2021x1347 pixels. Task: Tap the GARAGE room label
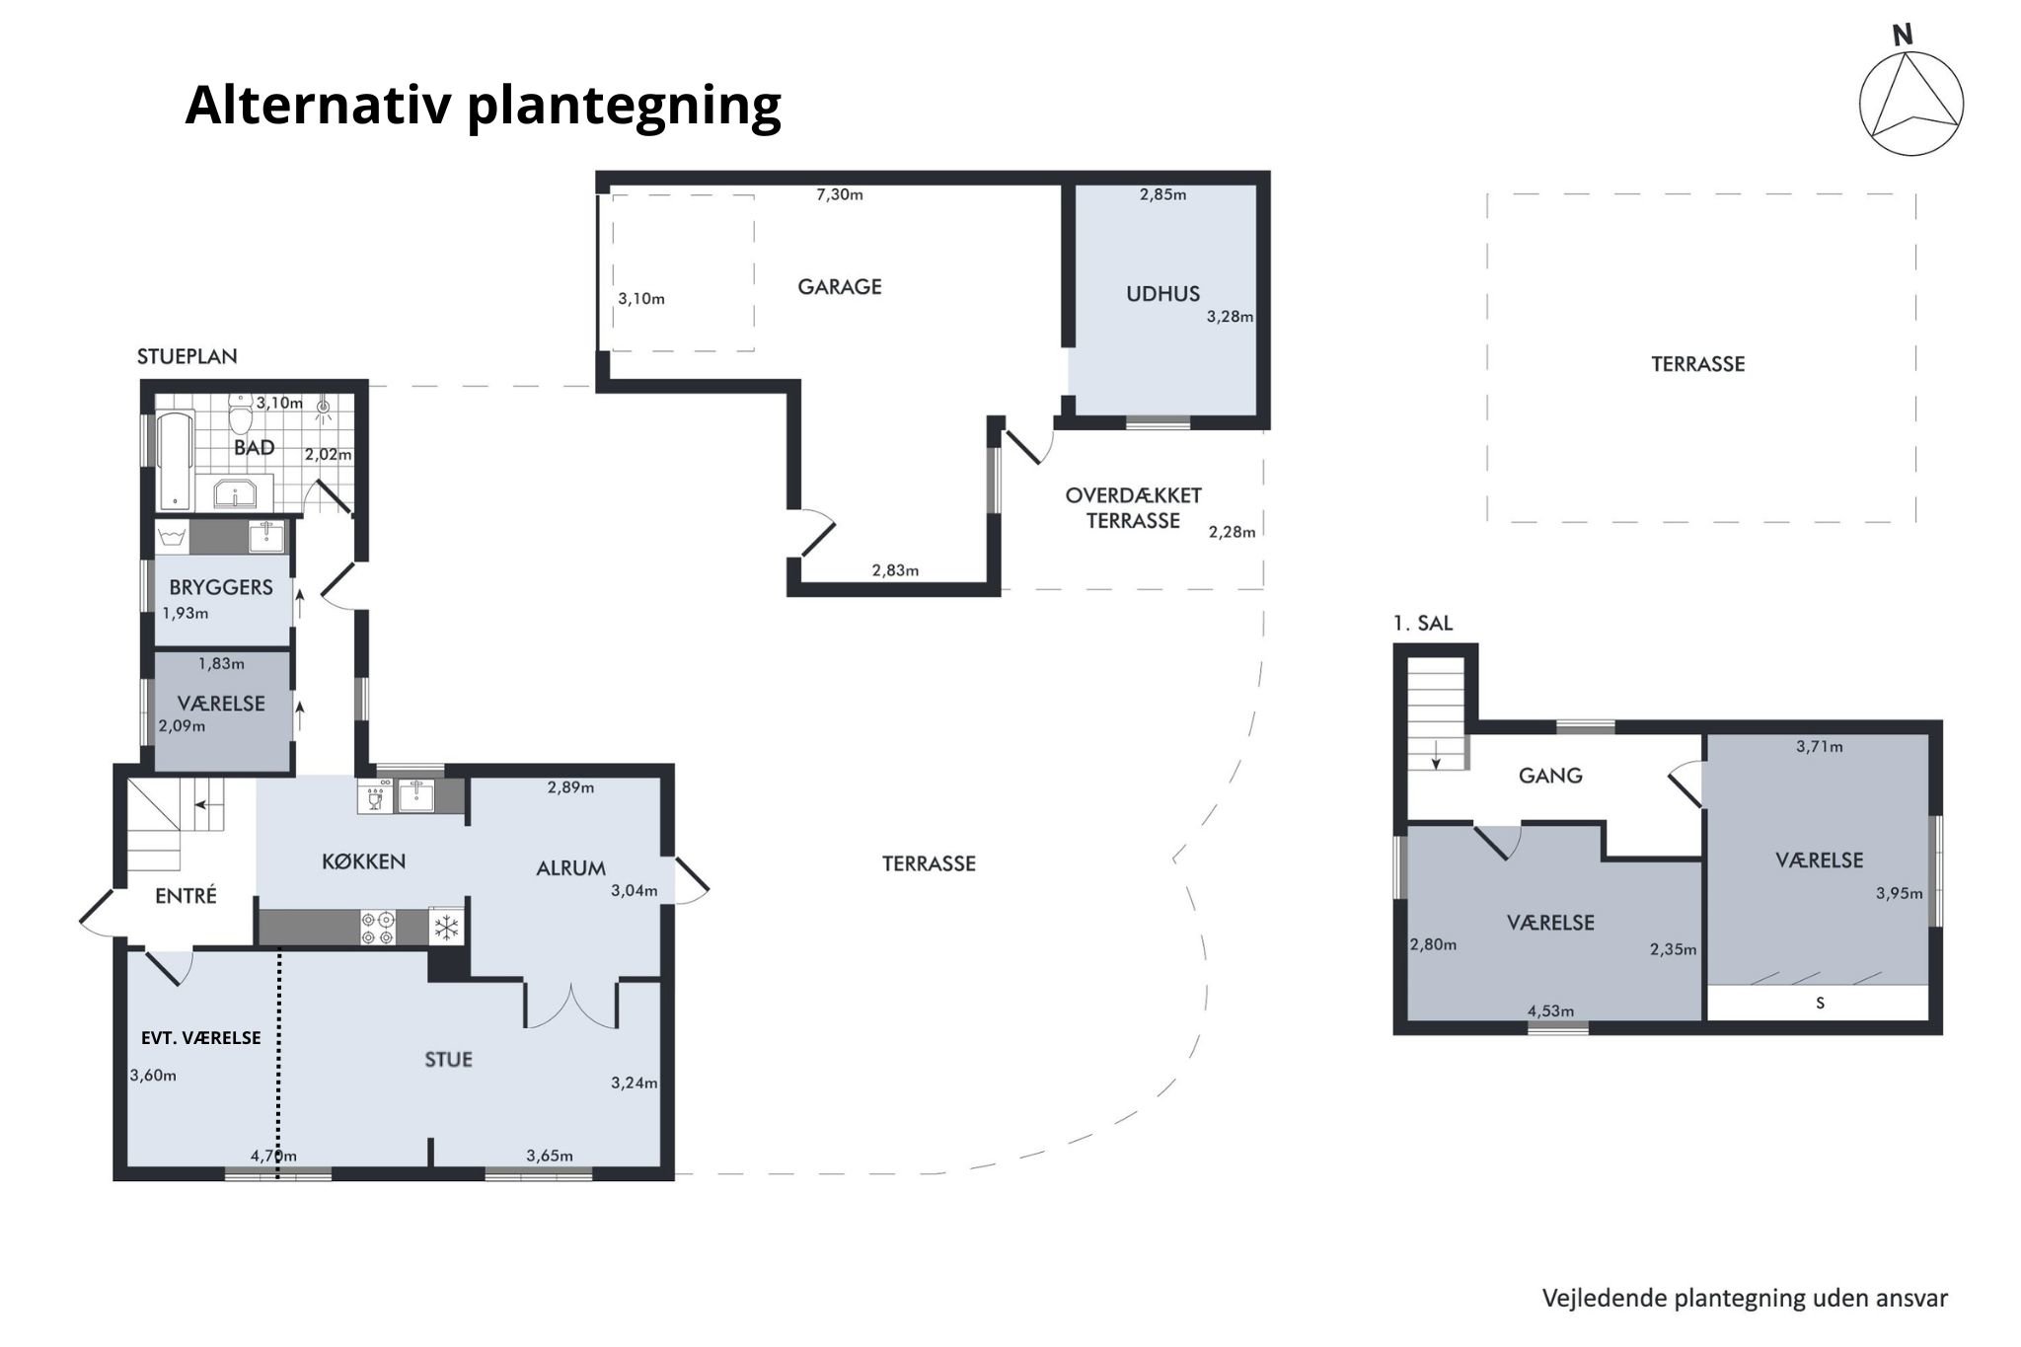840,287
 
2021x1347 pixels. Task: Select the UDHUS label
1162,293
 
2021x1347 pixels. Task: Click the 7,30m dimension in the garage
840,194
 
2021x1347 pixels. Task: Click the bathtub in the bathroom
175,461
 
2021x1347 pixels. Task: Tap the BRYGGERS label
221,587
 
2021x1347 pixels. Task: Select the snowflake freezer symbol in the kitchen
447,928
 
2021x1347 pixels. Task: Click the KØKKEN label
364,861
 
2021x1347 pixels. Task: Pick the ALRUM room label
570,868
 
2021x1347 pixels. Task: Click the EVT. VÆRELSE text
201,1038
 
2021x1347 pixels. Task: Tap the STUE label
448,1060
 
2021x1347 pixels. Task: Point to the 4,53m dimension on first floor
1550,1010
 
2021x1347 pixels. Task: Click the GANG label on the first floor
1550,776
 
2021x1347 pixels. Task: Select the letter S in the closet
1820,1003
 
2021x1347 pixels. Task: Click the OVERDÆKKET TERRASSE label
1133,508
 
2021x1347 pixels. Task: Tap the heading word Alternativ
321,104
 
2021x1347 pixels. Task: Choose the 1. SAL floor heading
1422,623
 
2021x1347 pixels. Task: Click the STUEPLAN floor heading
187,356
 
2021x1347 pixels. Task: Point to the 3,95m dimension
1899,894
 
